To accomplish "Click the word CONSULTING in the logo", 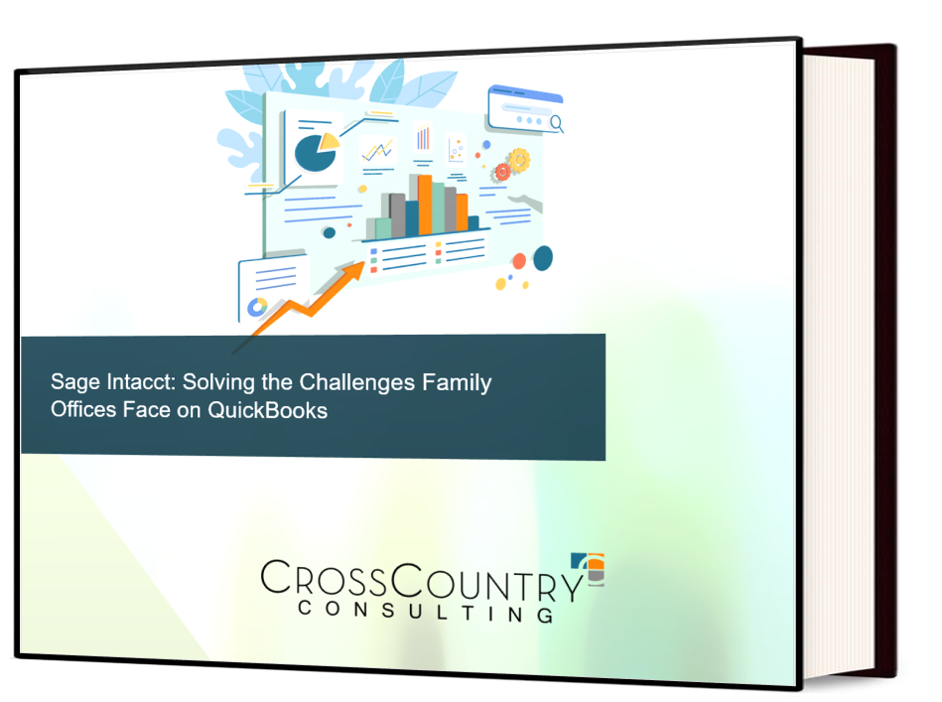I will coord(426,609).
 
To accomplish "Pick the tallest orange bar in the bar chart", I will coord(425,205).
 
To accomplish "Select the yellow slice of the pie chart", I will coord(329,142).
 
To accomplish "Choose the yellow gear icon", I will coord(518,159).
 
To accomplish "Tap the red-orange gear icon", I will coord(501,172).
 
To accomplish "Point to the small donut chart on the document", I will coord(257,307).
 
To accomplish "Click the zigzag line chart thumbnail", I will coord(376,152).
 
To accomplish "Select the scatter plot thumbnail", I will coord(457,149).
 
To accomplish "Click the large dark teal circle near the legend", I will coord(543,258).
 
